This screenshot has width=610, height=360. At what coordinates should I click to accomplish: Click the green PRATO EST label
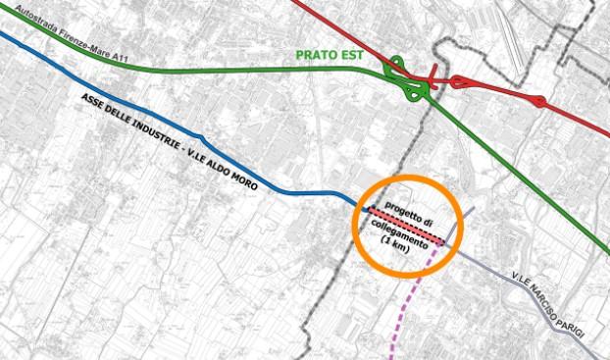point(329,55)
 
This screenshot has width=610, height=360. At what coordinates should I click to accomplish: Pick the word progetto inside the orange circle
point(406,205)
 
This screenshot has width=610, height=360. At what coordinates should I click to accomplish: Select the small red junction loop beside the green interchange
point(457,82)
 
